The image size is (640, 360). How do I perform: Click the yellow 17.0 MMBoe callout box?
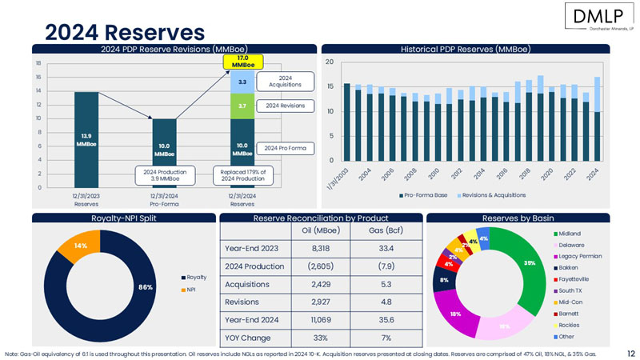(242, 61)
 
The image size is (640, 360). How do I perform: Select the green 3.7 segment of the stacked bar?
(242, 106)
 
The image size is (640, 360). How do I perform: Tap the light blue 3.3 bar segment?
(242, 81)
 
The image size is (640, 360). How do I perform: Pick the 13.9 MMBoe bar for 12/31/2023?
(86, 140)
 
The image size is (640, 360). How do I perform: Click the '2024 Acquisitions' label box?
(285, 81)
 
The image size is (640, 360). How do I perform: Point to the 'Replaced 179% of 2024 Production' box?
(242, 175)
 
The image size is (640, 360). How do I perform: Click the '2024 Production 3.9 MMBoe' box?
(165, 175)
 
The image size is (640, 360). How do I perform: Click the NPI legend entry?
(192, 289)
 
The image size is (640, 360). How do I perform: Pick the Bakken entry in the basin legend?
(568, 267)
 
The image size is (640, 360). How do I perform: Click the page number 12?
(630, 352)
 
